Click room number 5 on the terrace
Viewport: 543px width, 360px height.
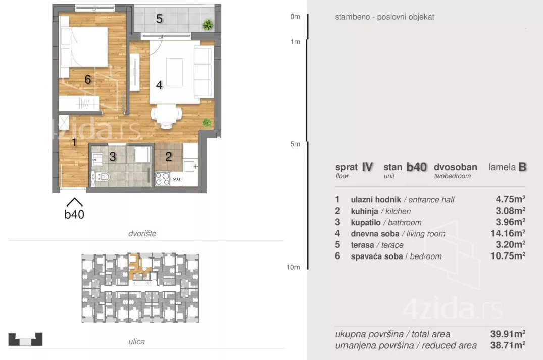159,19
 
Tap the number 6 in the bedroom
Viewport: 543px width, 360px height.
88,80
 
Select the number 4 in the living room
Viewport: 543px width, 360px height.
159,85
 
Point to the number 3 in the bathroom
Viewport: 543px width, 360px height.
113,157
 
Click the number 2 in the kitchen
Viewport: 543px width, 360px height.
169,157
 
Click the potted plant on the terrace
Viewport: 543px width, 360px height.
208,25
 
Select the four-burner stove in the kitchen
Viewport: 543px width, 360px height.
163,179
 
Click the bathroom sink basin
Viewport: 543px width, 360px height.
97,160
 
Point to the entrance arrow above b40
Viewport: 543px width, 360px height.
74,202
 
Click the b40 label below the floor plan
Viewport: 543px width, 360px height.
74,214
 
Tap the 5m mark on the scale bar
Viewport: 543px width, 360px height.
295,144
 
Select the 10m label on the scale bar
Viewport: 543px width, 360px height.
293,267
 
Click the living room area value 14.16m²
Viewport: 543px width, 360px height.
508,233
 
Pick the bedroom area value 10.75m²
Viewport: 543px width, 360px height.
508,256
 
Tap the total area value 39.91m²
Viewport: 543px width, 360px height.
508,334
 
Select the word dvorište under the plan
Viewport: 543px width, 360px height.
142,234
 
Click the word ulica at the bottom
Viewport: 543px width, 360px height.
137,342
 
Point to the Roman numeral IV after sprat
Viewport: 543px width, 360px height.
367,167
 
